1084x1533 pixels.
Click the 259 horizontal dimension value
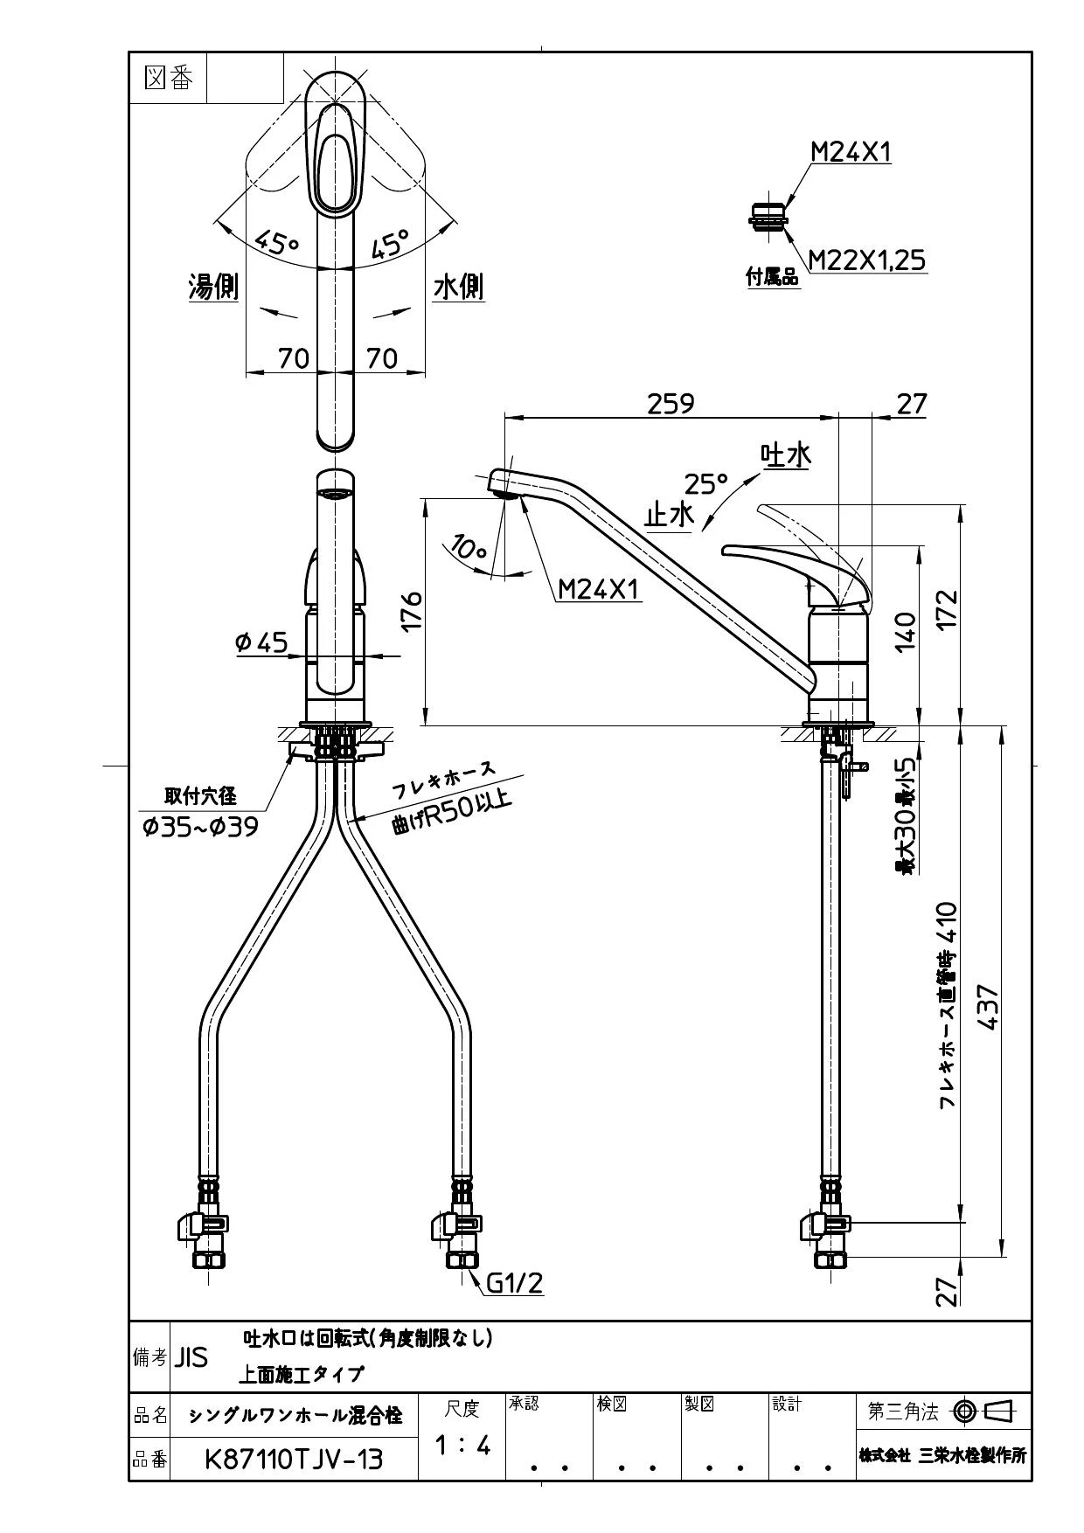click(671, 403)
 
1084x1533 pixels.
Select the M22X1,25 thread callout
click(866, 260)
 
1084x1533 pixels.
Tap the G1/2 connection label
click(515, 1283)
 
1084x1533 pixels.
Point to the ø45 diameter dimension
click(262, 642)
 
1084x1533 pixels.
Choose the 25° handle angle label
click(706, 483)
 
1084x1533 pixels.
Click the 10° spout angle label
click(469, 550)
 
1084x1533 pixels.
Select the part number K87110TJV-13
click(294, 1460)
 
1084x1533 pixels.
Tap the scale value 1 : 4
click(462, 1446)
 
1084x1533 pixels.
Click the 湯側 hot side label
click(213, 287)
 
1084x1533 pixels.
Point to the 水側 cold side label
click(459, 287)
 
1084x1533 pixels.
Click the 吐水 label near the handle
click(786, 454)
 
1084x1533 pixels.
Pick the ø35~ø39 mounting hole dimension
click(201, 826)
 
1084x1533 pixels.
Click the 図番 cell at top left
click(168, 79)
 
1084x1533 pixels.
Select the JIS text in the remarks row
click(191, 1357)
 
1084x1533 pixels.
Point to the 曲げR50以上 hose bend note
click(451, 810)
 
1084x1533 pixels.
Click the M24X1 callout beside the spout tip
click(600, 591)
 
